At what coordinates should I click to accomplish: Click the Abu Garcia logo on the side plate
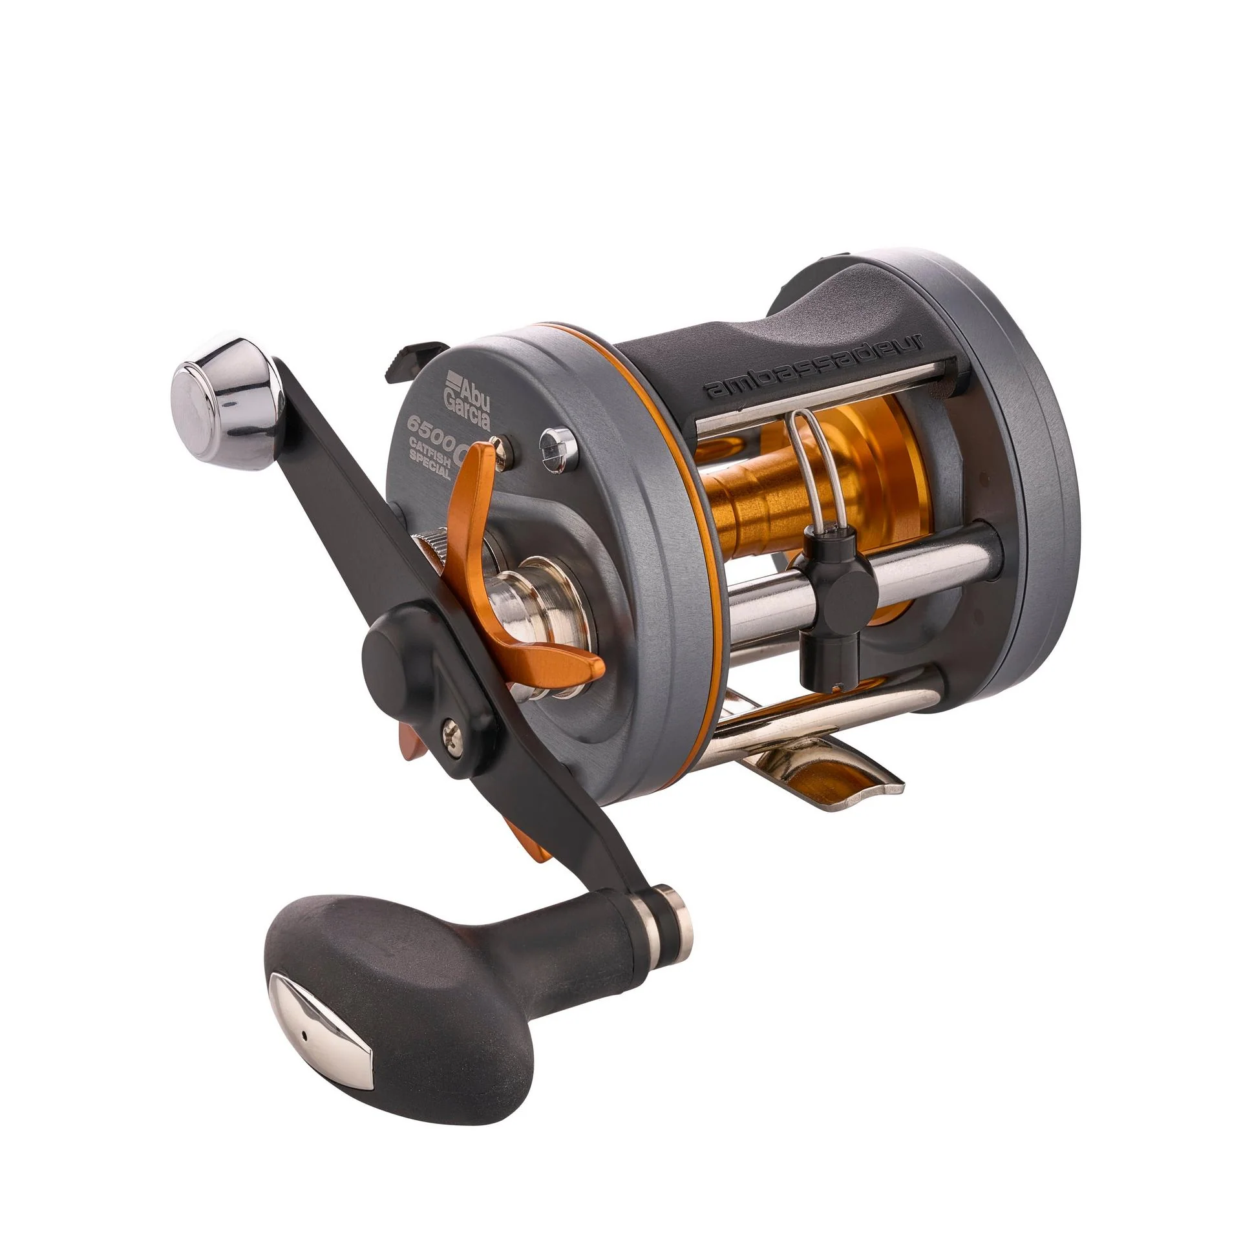click(470, 396)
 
